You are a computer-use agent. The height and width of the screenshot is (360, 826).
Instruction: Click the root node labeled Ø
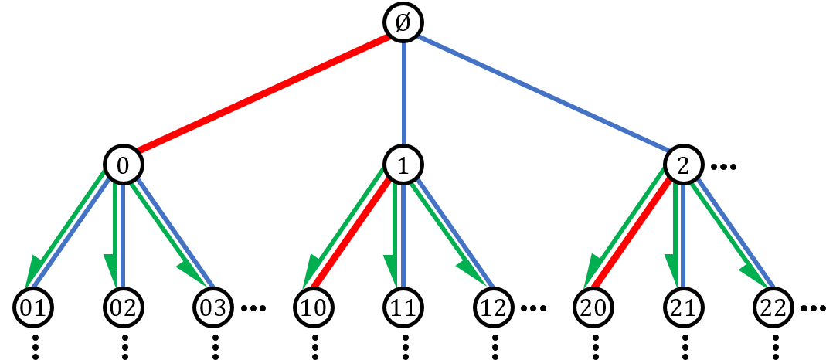403,23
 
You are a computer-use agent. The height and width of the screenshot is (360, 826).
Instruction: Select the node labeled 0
124,165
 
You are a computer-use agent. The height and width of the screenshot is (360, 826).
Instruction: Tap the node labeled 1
403,165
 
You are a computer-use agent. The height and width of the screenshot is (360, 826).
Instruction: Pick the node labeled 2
683,165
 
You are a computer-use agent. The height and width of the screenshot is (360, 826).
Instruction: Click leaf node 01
33,307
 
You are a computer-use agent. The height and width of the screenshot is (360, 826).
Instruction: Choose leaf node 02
124,307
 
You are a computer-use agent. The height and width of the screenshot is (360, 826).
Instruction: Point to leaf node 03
213,307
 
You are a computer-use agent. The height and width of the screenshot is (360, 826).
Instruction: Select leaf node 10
314,307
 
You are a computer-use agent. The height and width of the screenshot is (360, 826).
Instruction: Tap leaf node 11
403,307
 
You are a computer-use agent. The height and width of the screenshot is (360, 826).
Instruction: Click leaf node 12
493,307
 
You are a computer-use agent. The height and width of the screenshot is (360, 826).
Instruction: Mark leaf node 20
593,307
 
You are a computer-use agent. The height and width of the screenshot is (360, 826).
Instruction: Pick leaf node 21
683,307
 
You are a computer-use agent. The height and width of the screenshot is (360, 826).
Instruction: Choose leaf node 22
773,307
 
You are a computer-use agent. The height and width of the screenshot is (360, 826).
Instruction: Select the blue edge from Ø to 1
403,93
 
